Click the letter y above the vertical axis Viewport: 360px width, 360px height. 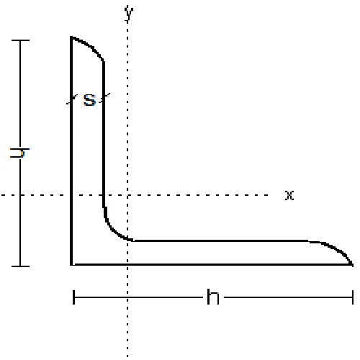point(129,13)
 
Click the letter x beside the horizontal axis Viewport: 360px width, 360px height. point(289,195)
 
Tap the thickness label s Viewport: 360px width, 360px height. point(89,101)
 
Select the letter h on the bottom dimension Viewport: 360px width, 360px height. point(212,297)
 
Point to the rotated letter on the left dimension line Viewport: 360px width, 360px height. point(21,153)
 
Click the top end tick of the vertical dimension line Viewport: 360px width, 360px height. point(20,40)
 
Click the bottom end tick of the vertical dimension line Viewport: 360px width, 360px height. point(20,266)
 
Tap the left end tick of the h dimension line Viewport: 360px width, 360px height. point(74,297)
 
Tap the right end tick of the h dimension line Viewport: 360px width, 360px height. point(353,297)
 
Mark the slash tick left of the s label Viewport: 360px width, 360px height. point(72,101)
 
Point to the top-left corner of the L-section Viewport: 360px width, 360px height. point(71,37)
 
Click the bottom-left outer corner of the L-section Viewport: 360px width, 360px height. point(72,264)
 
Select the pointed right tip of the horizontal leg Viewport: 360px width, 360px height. point(352,264)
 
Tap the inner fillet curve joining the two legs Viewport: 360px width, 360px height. point(112,229)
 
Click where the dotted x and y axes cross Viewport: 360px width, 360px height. point(128,195)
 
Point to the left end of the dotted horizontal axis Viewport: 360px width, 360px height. point(2,195)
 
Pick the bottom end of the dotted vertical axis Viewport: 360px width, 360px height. point(128,357)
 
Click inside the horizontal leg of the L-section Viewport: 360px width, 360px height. point(216,253)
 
